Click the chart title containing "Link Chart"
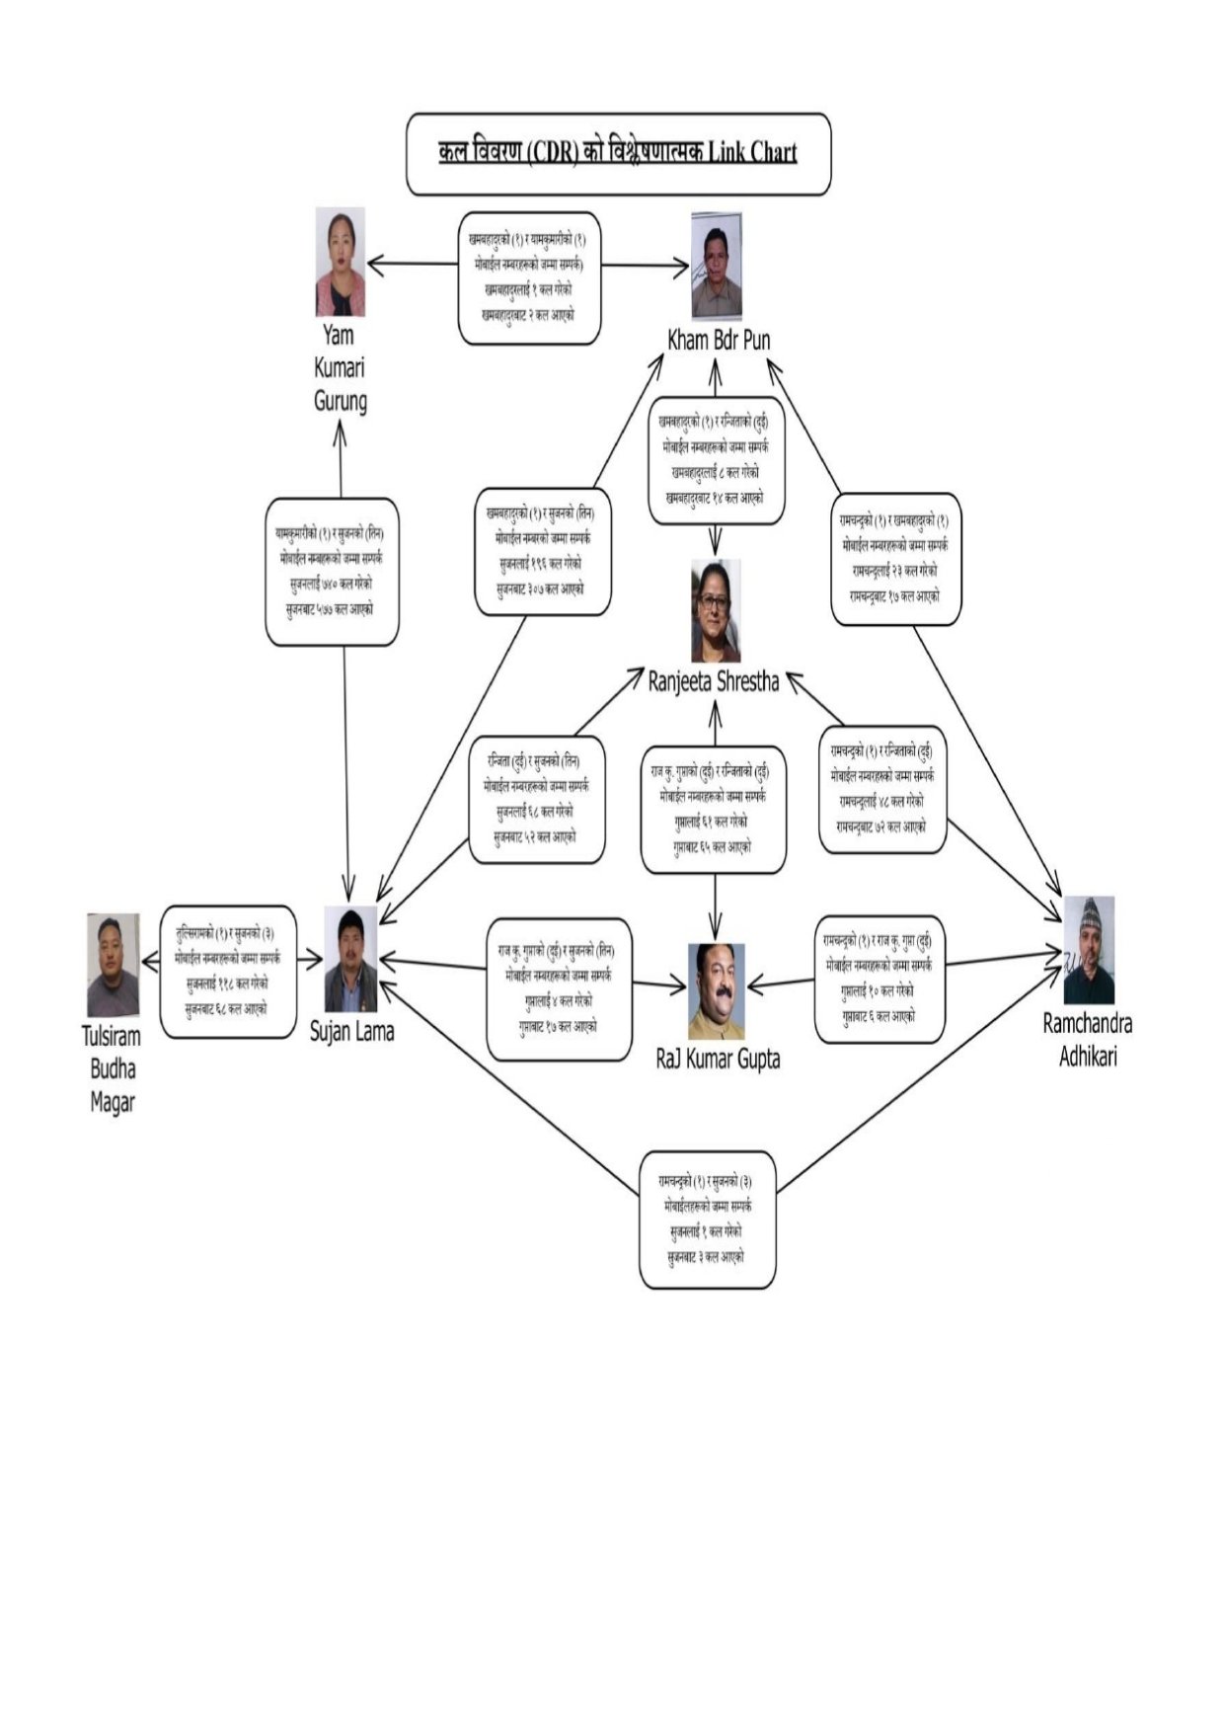pos(618,153)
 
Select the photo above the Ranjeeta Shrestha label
pos(716,610)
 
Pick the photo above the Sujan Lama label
pos(351,958)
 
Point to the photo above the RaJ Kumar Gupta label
pos(716,990)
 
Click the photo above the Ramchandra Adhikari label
pos(1089,949)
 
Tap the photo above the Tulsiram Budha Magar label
pos(113,965)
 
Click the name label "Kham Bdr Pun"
pos(719,340)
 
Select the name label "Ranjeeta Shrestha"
pos(714,681)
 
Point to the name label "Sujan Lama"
pos(351,1032)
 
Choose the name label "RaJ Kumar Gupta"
pos(718,1060)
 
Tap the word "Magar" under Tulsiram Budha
pos(113,1103)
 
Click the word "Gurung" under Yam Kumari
pos(341,402)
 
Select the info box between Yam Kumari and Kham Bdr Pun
pos(529,277)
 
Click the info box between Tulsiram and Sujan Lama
pos(228,971)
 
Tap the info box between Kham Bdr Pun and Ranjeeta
pos(716,459)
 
